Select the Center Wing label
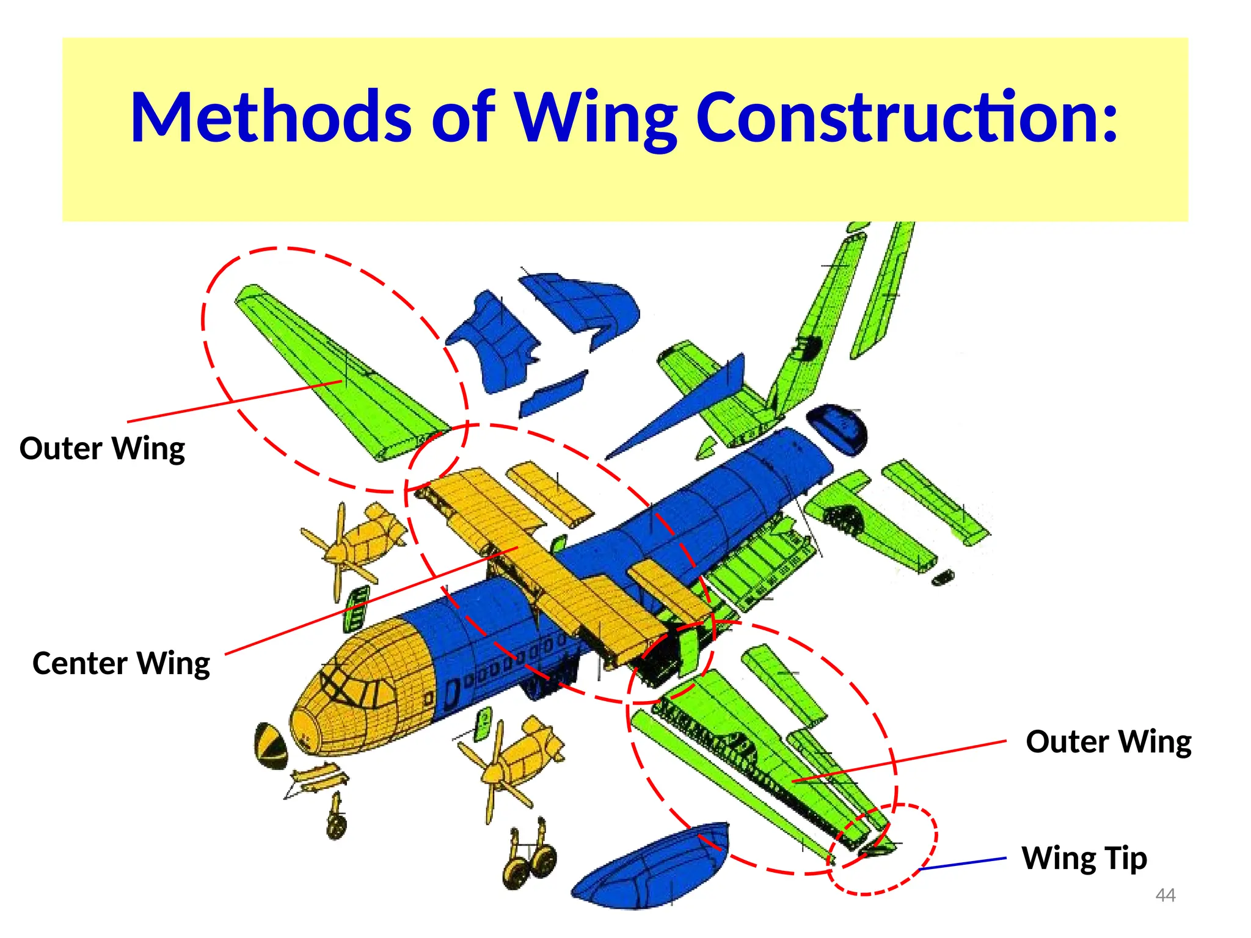[121, 663]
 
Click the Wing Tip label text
[1084, 858]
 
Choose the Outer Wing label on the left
[102, 449]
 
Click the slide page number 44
[1165, 895]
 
